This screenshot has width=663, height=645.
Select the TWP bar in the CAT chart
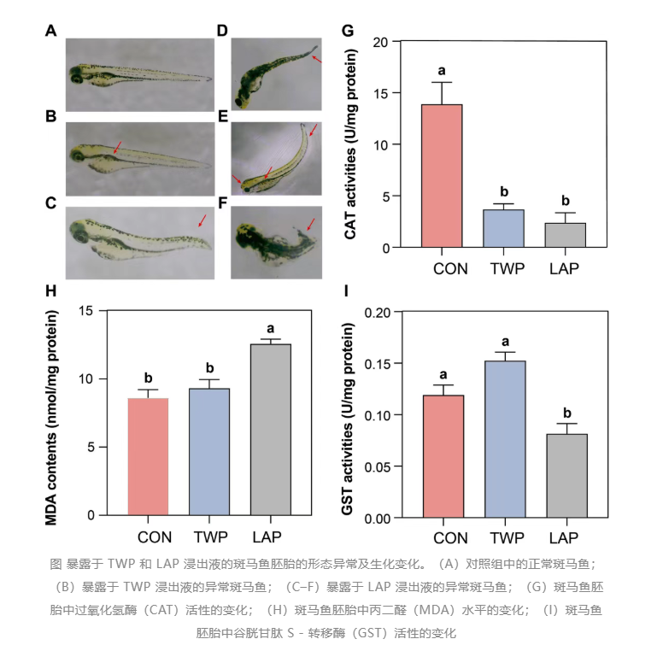point(503,228)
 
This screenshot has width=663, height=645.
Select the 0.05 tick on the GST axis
point(377,466)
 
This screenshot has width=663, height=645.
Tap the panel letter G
point(347,32)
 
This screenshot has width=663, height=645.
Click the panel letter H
point(50,290)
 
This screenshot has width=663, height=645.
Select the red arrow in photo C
point(202,220)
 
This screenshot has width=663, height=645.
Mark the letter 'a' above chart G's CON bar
point(442,70)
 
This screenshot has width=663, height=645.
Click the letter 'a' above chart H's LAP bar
point(270,327)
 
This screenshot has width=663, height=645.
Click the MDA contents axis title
point(61,413)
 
